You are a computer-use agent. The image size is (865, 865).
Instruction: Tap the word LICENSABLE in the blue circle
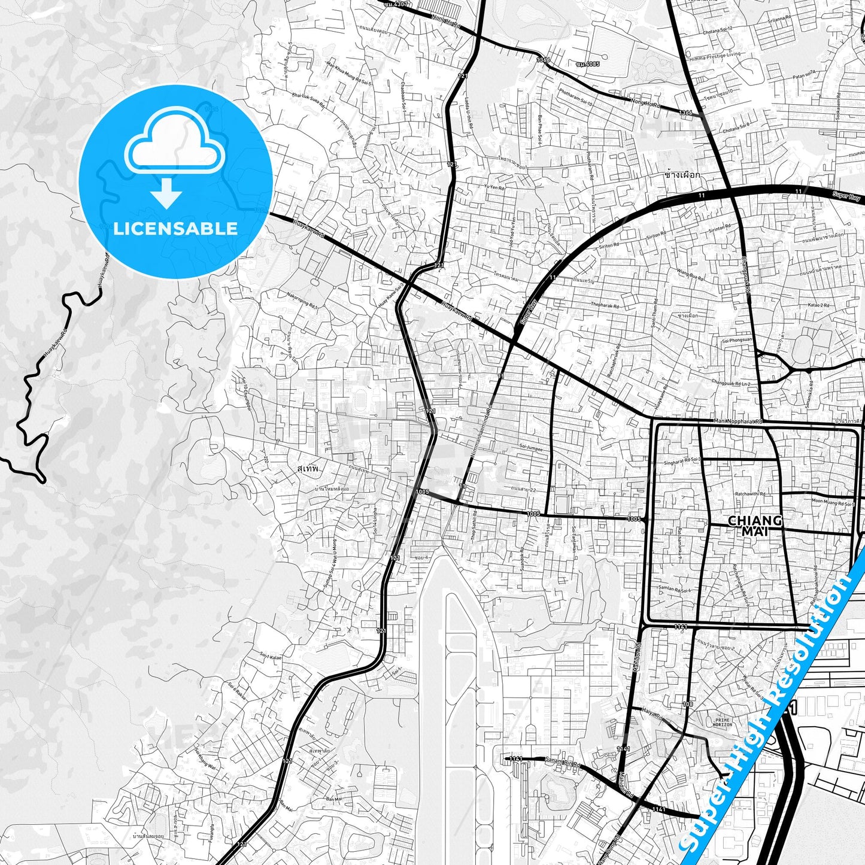point(175,228)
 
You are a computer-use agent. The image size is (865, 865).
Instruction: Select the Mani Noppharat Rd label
point(739,421)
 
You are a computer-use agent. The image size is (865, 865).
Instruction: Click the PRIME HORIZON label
point(723,722)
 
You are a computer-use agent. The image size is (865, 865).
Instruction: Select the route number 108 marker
point(687,704)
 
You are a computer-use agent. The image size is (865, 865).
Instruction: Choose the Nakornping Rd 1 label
point(302,299)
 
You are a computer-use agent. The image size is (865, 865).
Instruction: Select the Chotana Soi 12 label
point(717,31)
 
